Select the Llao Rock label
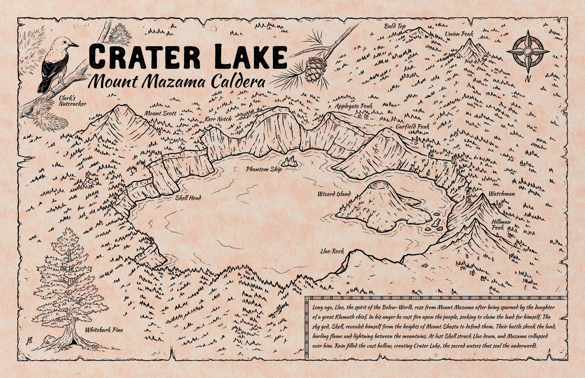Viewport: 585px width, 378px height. (x=332, y=251)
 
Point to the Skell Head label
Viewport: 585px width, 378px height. (x=188, y=198)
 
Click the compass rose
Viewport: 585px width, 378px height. (x=528, y=52)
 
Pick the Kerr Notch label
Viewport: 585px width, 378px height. (x=218, y=119)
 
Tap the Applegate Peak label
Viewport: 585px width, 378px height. (x=354, y=106)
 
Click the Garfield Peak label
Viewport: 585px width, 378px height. (x=412, y=127)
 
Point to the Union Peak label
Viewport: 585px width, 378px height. (x=459, y=34)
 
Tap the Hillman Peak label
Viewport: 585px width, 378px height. (x=501, y=225)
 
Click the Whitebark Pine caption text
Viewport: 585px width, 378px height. (x=104, y=330)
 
